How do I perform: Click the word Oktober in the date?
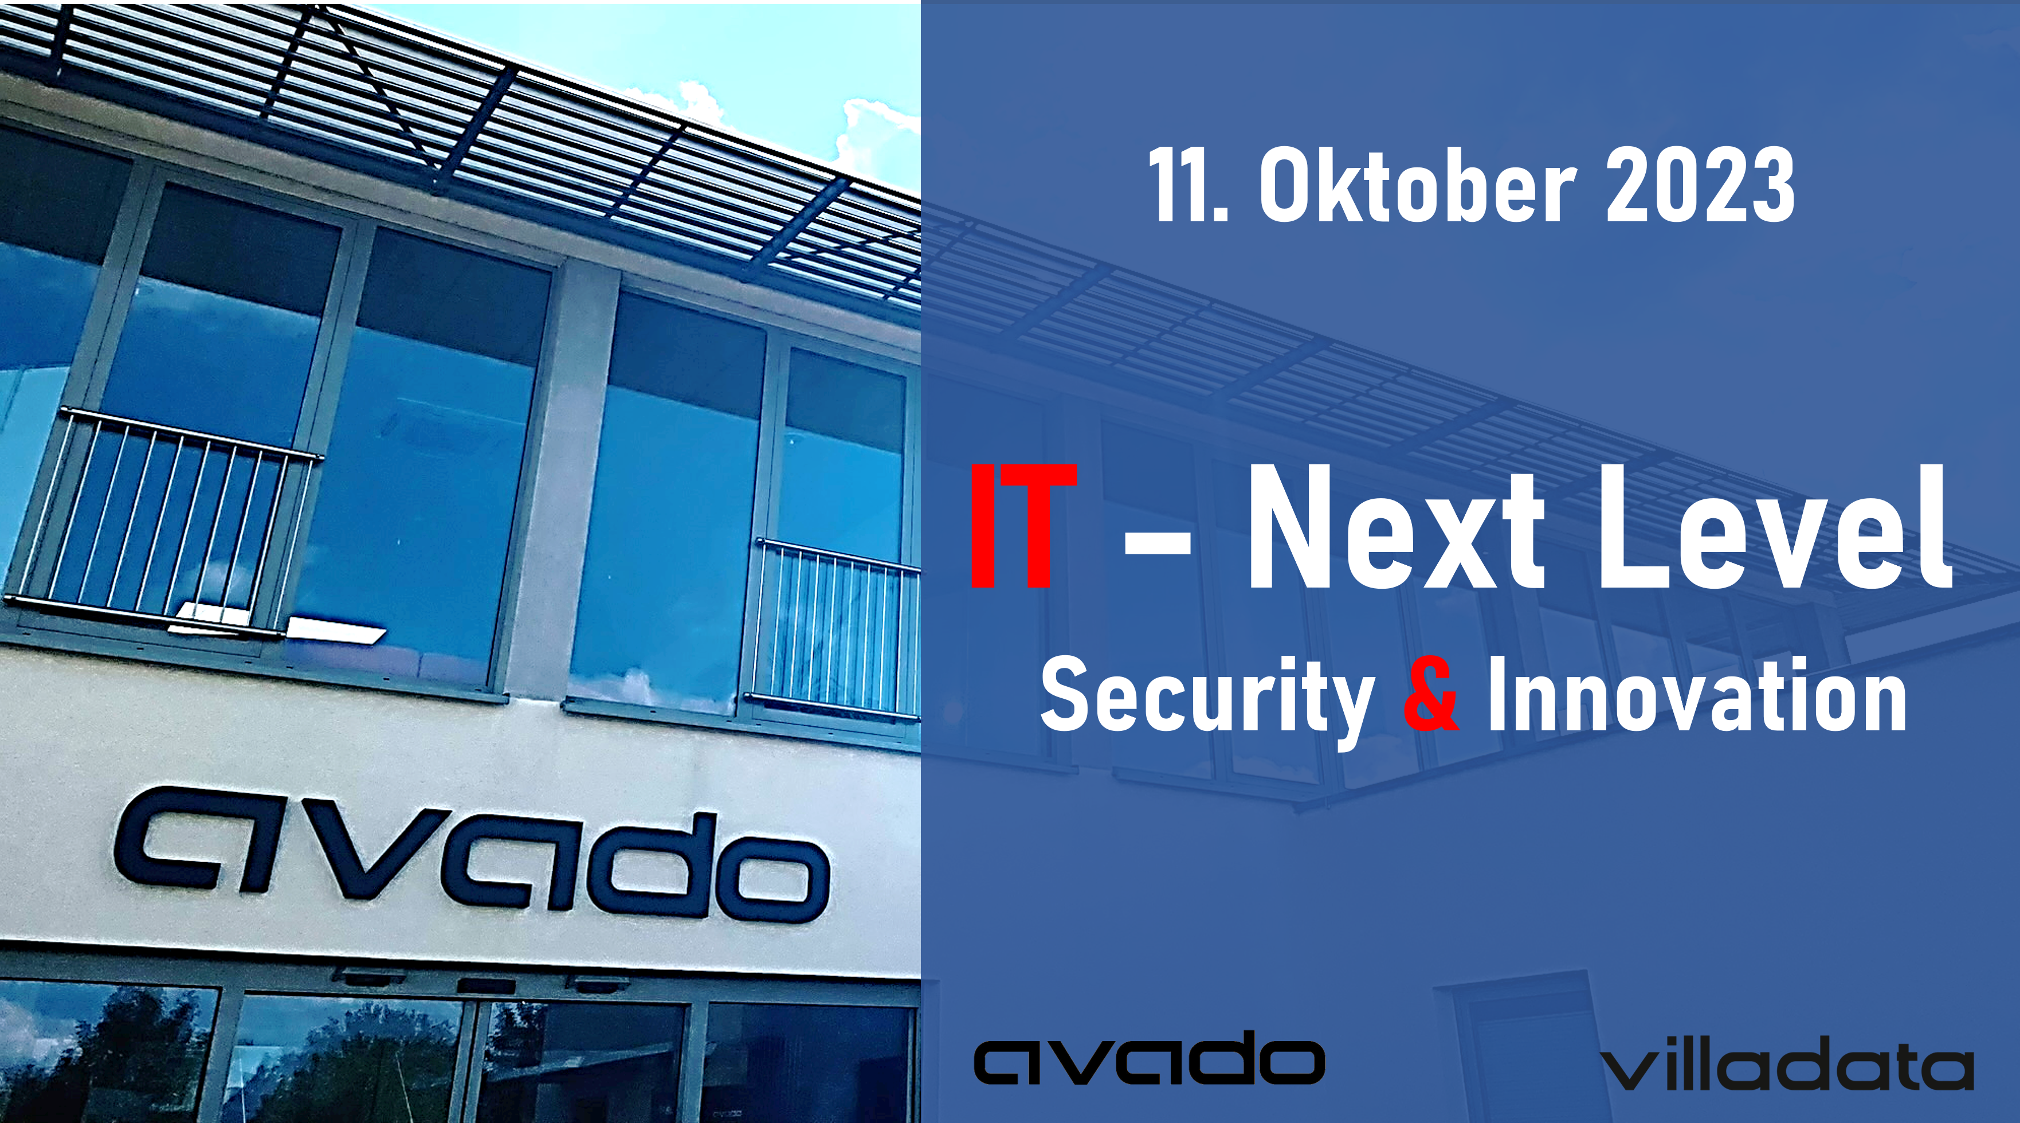[x=1417, y=186]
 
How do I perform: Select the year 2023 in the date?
[x=1701, y=186]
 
